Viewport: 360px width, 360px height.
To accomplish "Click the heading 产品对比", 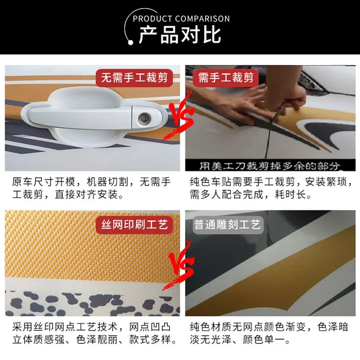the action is [x=180, y=35].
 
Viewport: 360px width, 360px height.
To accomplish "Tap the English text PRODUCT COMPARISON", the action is [x=181, y=18].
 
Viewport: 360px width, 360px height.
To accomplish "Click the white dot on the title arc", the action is [x=130, y=42].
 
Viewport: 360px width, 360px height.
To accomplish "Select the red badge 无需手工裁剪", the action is [x=134, y=77].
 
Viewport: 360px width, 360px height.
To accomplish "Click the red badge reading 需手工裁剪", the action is [x=226, y=77].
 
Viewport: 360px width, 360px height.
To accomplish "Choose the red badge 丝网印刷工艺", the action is [x=134, y=225].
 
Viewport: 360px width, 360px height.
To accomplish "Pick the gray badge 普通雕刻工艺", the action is [x=228, y=225].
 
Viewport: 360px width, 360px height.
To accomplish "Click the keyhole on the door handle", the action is [x=144, y=119].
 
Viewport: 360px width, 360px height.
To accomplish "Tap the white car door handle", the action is [x=94, y=117].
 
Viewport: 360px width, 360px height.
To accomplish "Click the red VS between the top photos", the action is [x=181, y=117].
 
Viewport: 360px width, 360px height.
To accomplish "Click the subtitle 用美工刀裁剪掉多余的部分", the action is [x=269, y=166].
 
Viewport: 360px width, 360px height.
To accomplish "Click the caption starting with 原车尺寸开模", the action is [x=91, y=188].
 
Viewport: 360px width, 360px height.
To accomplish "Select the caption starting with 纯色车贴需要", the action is [x=271, y=188].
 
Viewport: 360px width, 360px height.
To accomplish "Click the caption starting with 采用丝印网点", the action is [x=94, y=333].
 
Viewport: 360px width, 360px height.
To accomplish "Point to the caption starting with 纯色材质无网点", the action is [x=269, y=333].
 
